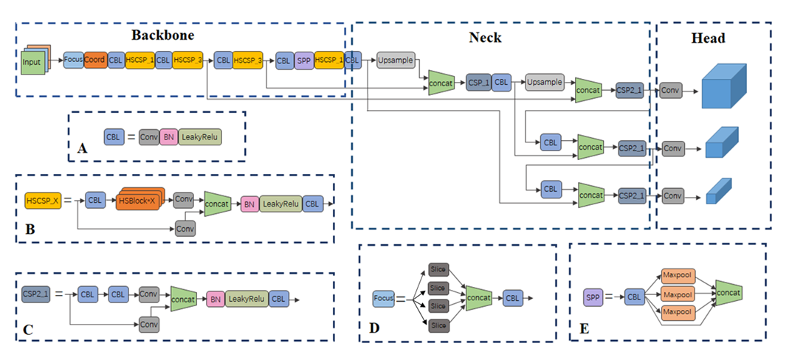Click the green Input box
[x=32, y=62]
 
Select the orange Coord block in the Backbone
[x=94, y=60]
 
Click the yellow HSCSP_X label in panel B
[x=42, y=200]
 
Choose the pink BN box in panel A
[x=169, y=137]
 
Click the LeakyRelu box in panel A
[x=200, y=137]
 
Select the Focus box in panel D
[x=383, y=298]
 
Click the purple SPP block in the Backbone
[x=303, y=60]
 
